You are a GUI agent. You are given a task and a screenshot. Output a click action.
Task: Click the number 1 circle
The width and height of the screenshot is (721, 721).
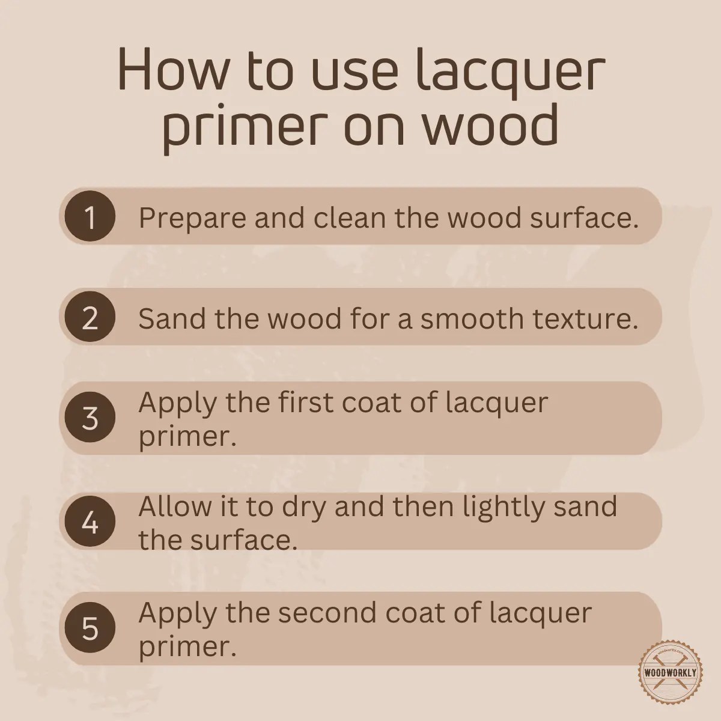(x=90, y=217)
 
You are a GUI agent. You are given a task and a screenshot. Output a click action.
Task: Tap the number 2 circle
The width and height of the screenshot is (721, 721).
(x=90, y=317)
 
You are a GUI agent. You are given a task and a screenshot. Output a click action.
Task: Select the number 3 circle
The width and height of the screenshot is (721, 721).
(x=90, y=418)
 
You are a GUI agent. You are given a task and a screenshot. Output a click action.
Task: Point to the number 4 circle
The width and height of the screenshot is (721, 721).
(x=90, y=523)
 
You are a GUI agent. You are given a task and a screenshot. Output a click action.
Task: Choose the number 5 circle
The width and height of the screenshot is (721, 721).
(x=90, y=628)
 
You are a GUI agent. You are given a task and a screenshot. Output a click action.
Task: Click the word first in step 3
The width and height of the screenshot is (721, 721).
(x=306, y=402)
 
